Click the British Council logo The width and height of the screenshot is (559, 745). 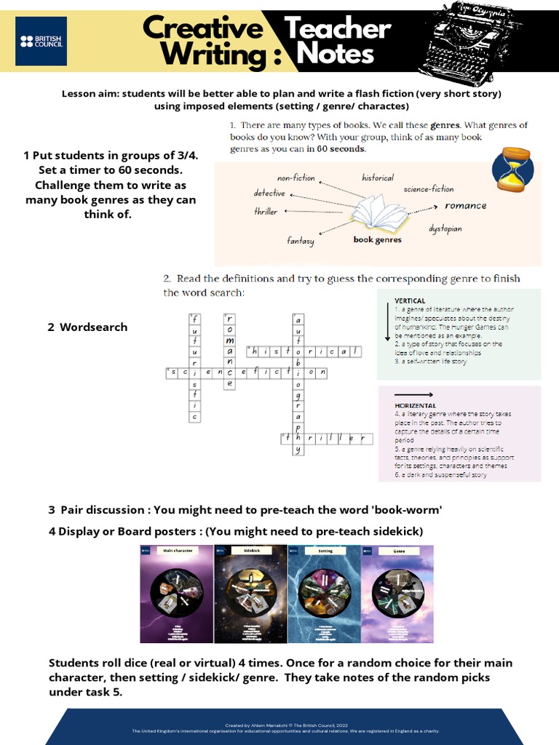(x=41, y=41)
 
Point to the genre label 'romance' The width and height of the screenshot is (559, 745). (x=465, y=206)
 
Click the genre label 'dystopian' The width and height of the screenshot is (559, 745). (x=445, y=228)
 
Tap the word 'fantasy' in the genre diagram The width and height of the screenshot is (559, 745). (x=301, y=241)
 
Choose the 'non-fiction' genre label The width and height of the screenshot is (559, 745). (x=296, y=178)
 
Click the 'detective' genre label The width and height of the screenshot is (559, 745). (x=269, y=194)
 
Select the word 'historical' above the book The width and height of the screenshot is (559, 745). (x=378, y=178)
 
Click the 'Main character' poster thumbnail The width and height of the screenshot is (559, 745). (x=177, y=594)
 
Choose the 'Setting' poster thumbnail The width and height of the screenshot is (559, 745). (x=325, y=594)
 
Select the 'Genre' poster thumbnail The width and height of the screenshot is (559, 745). (x=397, y=594)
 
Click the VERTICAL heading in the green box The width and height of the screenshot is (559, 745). (x=410, y=300)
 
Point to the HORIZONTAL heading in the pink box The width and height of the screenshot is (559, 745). (x=415, y=405)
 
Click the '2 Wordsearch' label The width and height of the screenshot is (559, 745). (x=87, y=327)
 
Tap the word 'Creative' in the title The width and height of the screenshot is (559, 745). (x=202, y=29)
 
